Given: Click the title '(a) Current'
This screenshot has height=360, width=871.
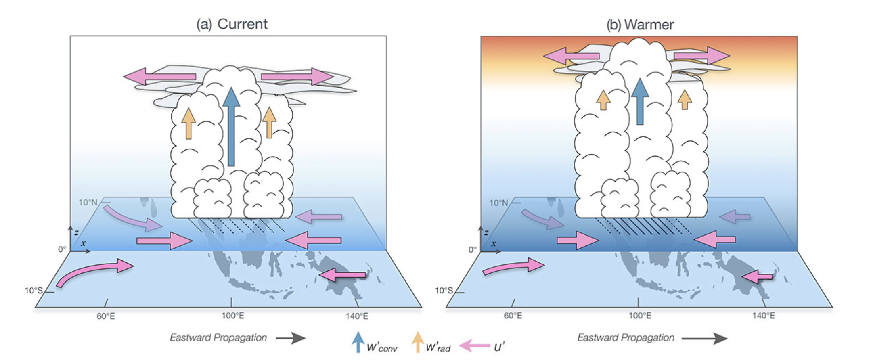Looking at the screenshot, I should [232, 24].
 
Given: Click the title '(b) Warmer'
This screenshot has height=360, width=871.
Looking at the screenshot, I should [640, 25].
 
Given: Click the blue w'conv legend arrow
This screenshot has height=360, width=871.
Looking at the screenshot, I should [358, 342].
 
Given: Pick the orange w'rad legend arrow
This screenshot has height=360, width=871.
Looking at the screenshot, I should [418, 342].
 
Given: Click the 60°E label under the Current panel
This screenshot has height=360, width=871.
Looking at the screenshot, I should [106, 316].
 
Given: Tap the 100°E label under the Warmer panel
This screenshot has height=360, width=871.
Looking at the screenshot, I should [640, 316].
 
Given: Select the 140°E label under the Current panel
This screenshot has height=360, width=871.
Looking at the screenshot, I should [357, 316].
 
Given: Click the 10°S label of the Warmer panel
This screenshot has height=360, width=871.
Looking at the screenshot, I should [444, 290].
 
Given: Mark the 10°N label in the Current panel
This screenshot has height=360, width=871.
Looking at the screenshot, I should [88, 202].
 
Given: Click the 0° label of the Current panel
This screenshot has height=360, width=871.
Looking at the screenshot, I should [62, 249].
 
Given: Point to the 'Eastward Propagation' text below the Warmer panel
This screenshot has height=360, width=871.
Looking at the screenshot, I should [626, 337].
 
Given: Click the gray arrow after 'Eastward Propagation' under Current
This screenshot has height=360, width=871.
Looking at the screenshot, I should [291, 338].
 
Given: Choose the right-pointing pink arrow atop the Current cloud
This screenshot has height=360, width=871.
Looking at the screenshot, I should [297, 76].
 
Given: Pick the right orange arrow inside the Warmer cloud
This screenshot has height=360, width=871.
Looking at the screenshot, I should [685, 99].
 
